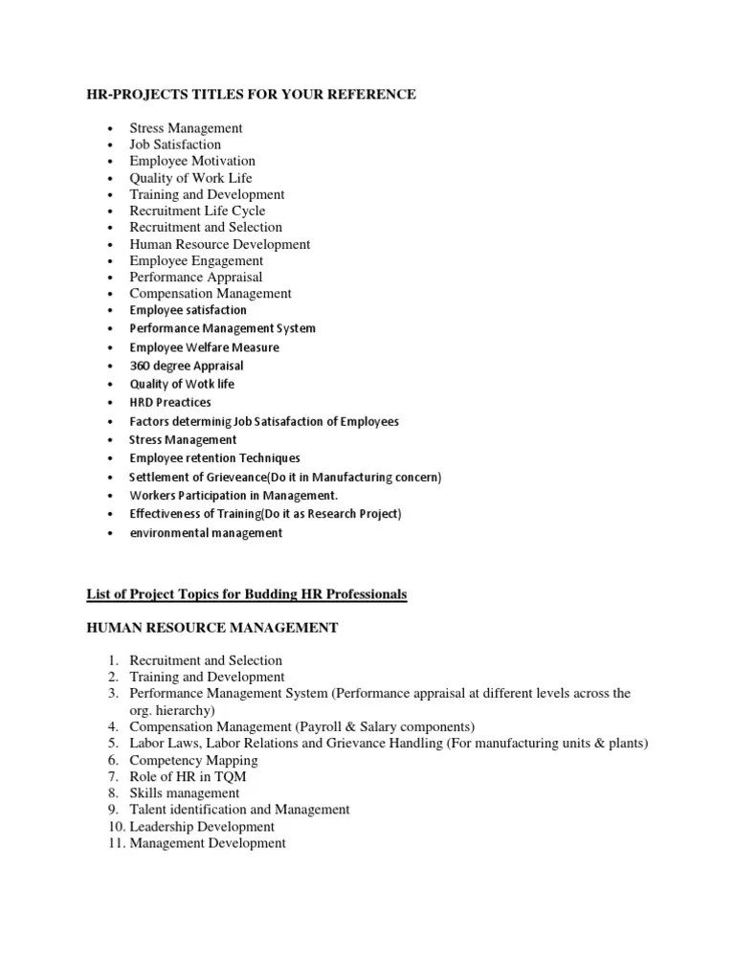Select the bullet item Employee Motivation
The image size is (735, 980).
[192, 161]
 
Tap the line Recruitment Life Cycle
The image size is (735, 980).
[197, 211]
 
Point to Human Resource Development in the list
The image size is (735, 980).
[220, 244]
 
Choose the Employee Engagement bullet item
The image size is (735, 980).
[196, 260]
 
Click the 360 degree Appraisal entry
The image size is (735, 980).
[187, 366]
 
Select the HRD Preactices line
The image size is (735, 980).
[170, 403]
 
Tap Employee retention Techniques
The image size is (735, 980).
[214, 458]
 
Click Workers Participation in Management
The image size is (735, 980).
[234, 496]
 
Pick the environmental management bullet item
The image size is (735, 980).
[206, 533]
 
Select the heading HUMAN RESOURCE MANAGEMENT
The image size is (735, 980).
[212, 628]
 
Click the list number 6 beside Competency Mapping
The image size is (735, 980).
[113, 760]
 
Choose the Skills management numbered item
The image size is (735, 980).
[185, 793]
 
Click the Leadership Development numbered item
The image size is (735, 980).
[202, 827]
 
